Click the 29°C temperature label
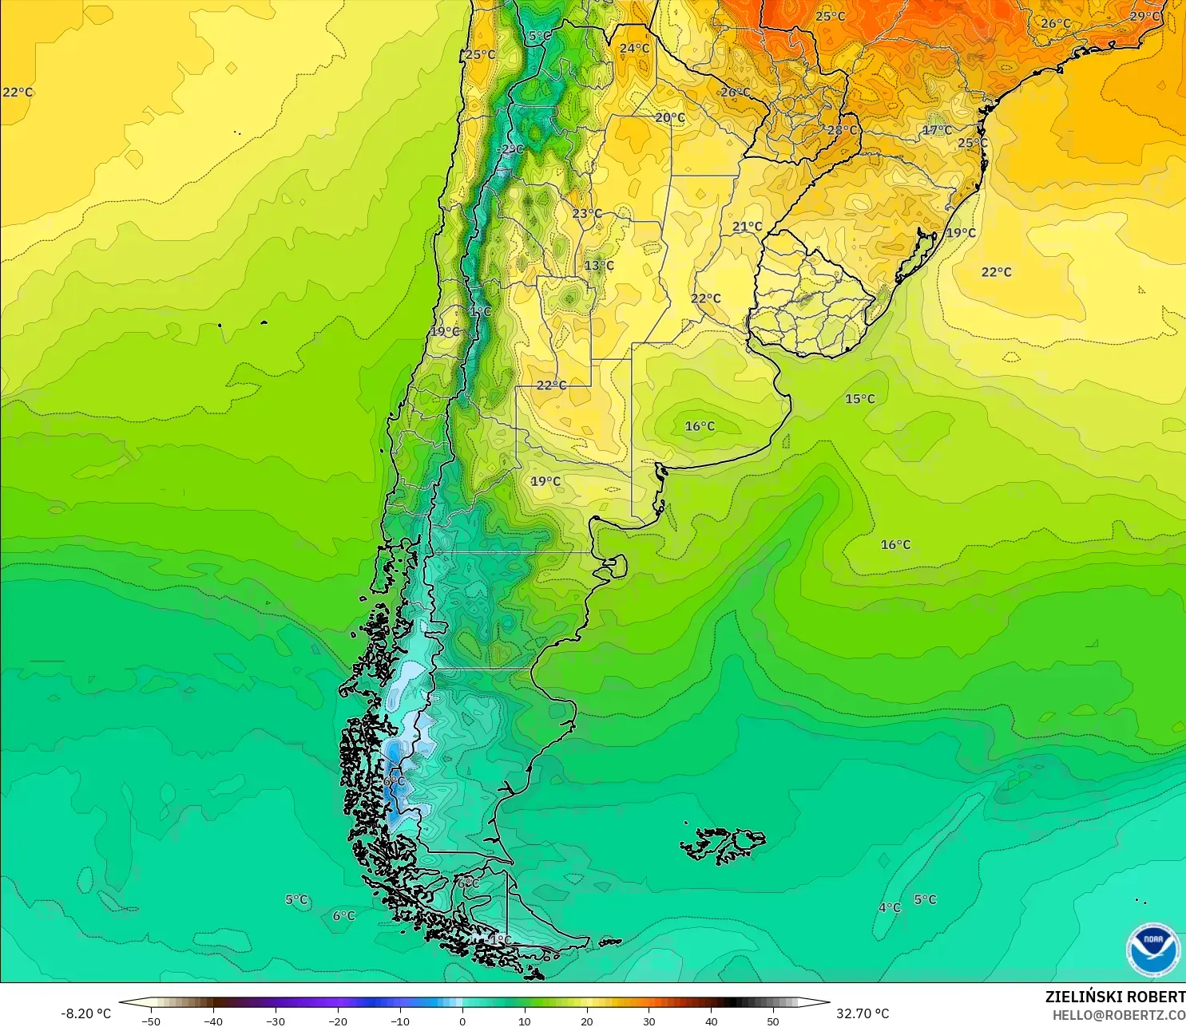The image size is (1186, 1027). pos(1144,17)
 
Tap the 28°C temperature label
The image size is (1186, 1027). pos(842,130)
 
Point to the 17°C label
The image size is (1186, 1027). pos(937,130)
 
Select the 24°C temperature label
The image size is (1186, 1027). pos(635,48)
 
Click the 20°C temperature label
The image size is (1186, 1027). pos(670,117)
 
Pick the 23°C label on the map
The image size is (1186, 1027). pos(587,213)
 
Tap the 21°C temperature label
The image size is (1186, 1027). pos(748,227)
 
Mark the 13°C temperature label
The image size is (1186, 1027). pos(599,266)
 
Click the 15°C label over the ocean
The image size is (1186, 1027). pos(860,399)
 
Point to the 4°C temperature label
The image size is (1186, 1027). pos(890,907)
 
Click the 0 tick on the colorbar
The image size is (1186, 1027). pos(462,1021)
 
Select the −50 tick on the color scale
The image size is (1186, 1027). pos(150,1021)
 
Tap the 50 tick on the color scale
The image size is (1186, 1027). pos(773,1021)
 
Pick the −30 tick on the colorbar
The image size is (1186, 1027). pos(275,1021)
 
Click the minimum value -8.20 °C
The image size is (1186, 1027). pos(85,1013)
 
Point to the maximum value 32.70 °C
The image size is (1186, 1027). pos(863,1013)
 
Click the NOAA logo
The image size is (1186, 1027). pos(1152,949)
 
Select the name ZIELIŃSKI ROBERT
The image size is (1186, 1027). pos(1115,997)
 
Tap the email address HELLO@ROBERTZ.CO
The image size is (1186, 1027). pos(1118,1015)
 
